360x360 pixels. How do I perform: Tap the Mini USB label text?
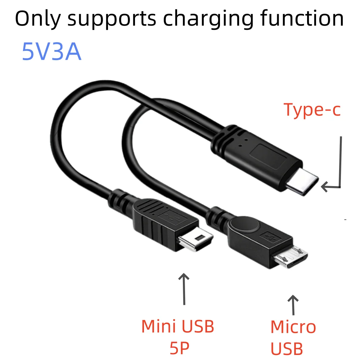[177, 326]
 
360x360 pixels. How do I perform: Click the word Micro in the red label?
[293, 327]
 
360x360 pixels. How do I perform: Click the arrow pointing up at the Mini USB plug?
[184, 288]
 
